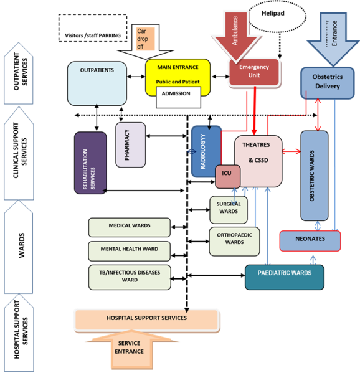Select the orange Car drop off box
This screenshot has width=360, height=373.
click(x=146, y=38)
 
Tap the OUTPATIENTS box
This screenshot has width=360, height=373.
click(x=97, y=83)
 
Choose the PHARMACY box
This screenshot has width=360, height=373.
click(x=130, y=144)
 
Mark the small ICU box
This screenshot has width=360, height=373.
click(x=227, y=176)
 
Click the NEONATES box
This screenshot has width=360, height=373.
click(x=309, y=240)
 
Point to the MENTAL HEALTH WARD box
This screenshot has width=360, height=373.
click(x=130, y=250)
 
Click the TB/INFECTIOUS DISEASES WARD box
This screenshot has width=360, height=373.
click(x=130, y=276)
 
